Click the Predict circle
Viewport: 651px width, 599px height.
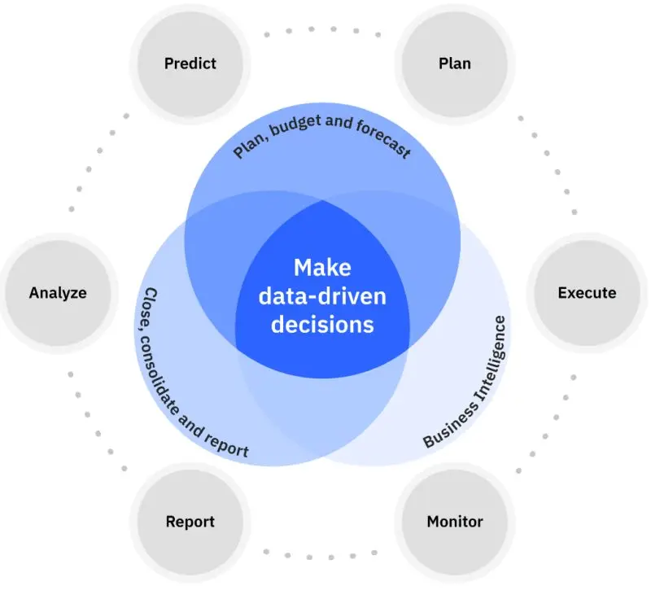190,63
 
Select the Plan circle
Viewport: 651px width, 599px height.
454,63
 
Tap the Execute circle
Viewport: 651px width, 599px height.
586,293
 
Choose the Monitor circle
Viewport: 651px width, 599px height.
454,522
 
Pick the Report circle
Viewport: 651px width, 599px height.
190,522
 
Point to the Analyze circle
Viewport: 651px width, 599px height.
58,293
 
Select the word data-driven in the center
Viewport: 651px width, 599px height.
321,295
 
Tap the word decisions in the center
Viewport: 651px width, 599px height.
321,324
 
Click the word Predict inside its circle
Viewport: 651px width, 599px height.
190,63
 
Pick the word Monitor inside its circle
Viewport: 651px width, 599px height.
454,522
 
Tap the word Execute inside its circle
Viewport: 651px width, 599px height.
586,293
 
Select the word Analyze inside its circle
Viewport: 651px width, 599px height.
58,293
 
